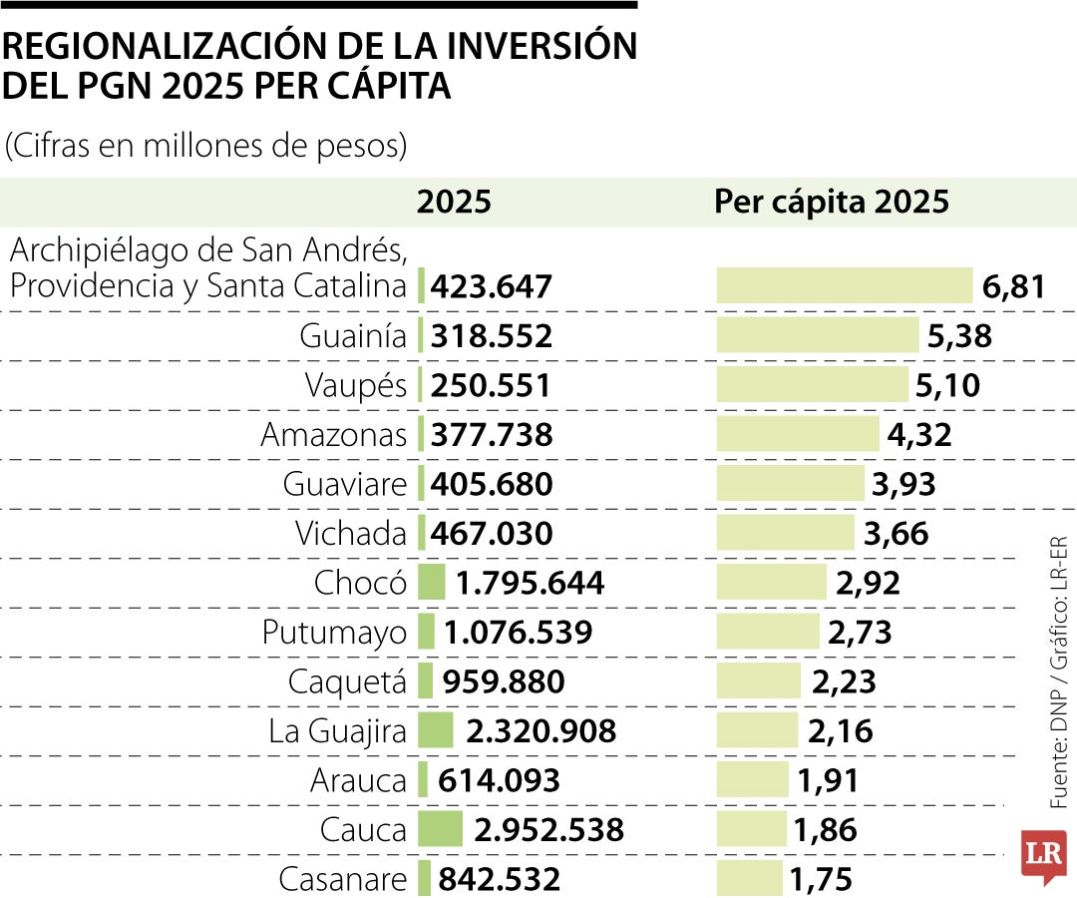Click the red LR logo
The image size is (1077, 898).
click(1043, 855)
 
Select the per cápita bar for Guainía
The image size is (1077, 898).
click(817, 335)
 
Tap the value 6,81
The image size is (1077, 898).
click(1013, 287)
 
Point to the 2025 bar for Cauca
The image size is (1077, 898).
click(440, 829)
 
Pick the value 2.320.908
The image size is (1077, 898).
click(540, 731)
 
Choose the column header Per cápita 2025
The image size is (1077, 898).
click(831, 203)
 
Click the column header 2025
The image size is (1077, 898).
click(454, 203)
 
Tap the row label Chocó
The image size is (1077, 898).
click(360, 583)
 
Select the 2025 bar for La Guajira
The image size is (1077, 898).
click(436, 731)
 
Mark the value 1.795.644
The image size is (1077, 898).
click(530, 583)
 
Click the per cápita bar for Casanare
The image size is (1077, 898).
click(750, 879)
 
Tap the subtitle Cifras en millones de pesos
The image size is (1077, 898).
click(206, 146)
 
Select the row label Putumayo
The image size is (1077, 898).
click(334, 633)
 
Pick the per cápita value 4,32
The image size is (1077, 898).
click(918, 435)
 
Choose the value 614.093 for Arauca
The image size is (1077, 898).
click(496, 780)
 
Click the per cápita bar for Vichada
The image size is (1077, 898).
click(786, 533)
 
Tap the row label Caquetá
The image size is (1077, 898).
click(347, 681)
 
